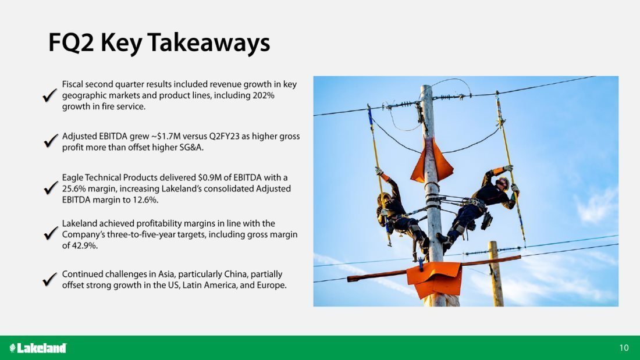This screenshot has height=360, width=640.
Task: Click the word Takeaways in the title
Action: tap(208, 43)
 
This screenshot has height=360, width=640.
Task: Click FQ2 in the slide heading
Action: tap(71, 43)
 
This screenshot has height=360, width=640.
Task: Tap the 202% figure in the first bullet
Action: tap(264, 95)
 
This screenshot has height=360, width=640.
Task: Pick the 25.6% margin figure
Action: tap(74, 189)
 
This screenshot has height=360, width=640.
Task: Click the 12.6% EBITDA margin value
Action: tap(145, 200)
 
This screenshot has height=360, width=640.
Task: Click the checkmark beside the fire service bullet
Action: tap(50, 95)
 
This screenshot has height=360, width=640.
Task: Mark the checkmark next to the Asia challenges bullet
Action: tap(50, 280)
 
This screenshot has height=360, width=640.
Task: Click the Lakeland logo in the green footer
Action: tap(38, 348)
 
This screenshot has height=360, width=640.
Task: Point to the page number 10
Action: tap(624, 348)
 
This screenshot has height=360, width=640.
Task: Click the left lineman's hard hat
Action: tap(383, 199)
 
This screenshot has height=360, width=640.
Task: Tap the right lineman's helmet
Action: tap(503, 183)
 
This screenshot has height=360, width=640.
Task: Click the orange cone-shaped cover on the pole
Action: tap(432, 161)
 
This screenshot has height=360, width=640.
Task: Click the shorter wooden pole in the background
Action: tap(496, 273)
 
